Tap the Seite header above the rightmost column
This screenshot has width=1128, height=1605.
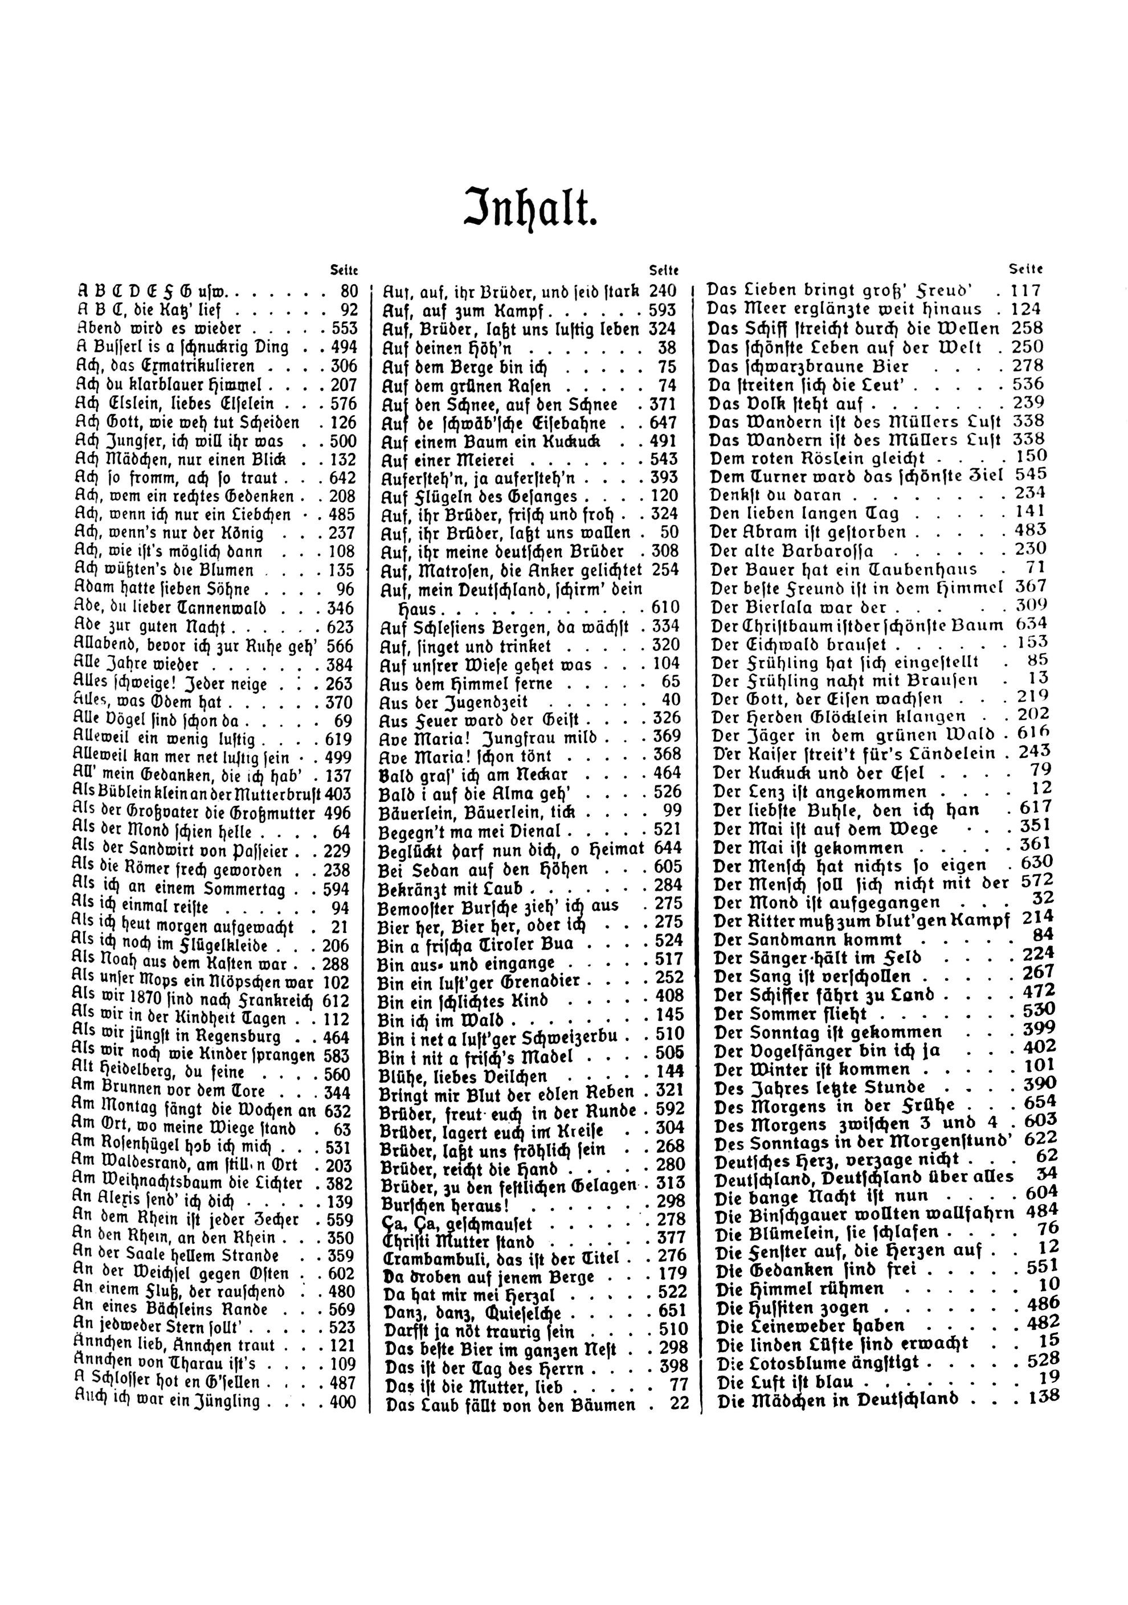1026,268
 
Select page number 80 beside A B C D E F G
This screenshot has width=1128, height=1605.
348,292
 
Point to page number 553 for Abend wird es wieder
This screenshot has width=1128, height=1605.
344,329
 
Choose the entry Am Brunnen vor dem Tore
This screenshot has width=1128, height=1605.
178,1092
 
